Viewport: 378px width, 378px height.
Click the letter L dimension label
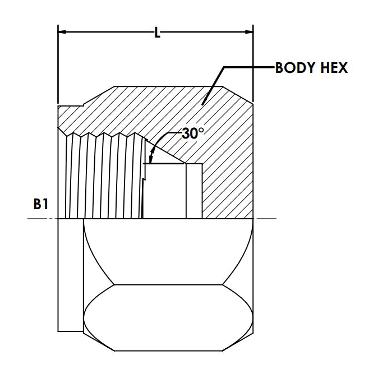pos(157,33)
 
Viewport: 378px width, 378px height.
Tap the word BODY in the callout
pos(294,68)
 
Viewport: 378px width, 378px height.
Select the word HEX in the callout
pos(334,68)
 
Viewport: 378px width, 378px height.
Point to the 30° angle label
pos(192,133)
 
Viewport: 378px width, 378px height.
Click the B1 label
pos(41,204)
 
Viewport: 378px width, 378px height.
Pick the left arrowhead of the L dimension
pos(62,32)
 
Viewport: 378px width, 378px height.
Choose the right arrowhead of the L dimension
pos(249,32)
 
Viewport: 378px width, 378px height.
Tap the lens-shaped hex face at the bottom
pos(168,318)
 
